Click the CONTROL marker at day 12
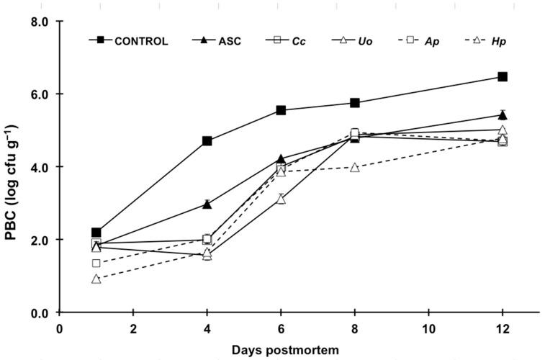[503, 76]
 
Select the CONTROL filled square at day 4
[207, 141]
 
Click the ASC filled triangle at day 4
[207, 204]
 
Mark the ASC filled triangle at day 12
[503, 114]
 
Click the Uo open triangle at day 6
[281, 199]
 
